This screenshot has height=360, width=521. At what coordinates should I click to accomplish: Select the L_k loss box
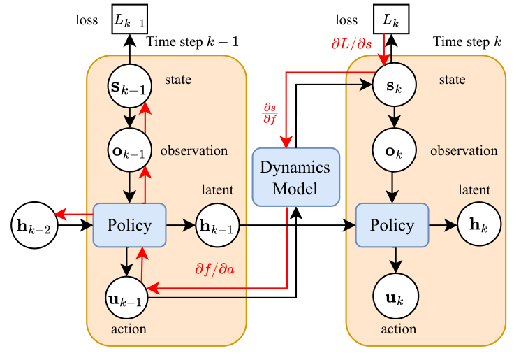tap(390, 20)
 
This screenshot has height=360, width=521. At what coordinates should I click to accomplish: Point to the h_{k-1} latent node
tap(217, 225)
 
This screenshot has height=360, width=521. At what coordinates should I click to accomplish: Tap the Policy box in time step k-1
tap(129, 225)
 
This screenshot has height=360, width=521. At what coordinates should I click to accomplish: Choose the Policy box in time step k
tap(390, 225)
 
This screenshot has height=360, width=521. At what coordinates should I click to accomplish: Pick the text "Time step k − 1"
tap(193, 42)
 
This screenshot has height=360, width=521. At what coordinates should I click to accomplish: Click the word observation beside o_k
tap(464, 151)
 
